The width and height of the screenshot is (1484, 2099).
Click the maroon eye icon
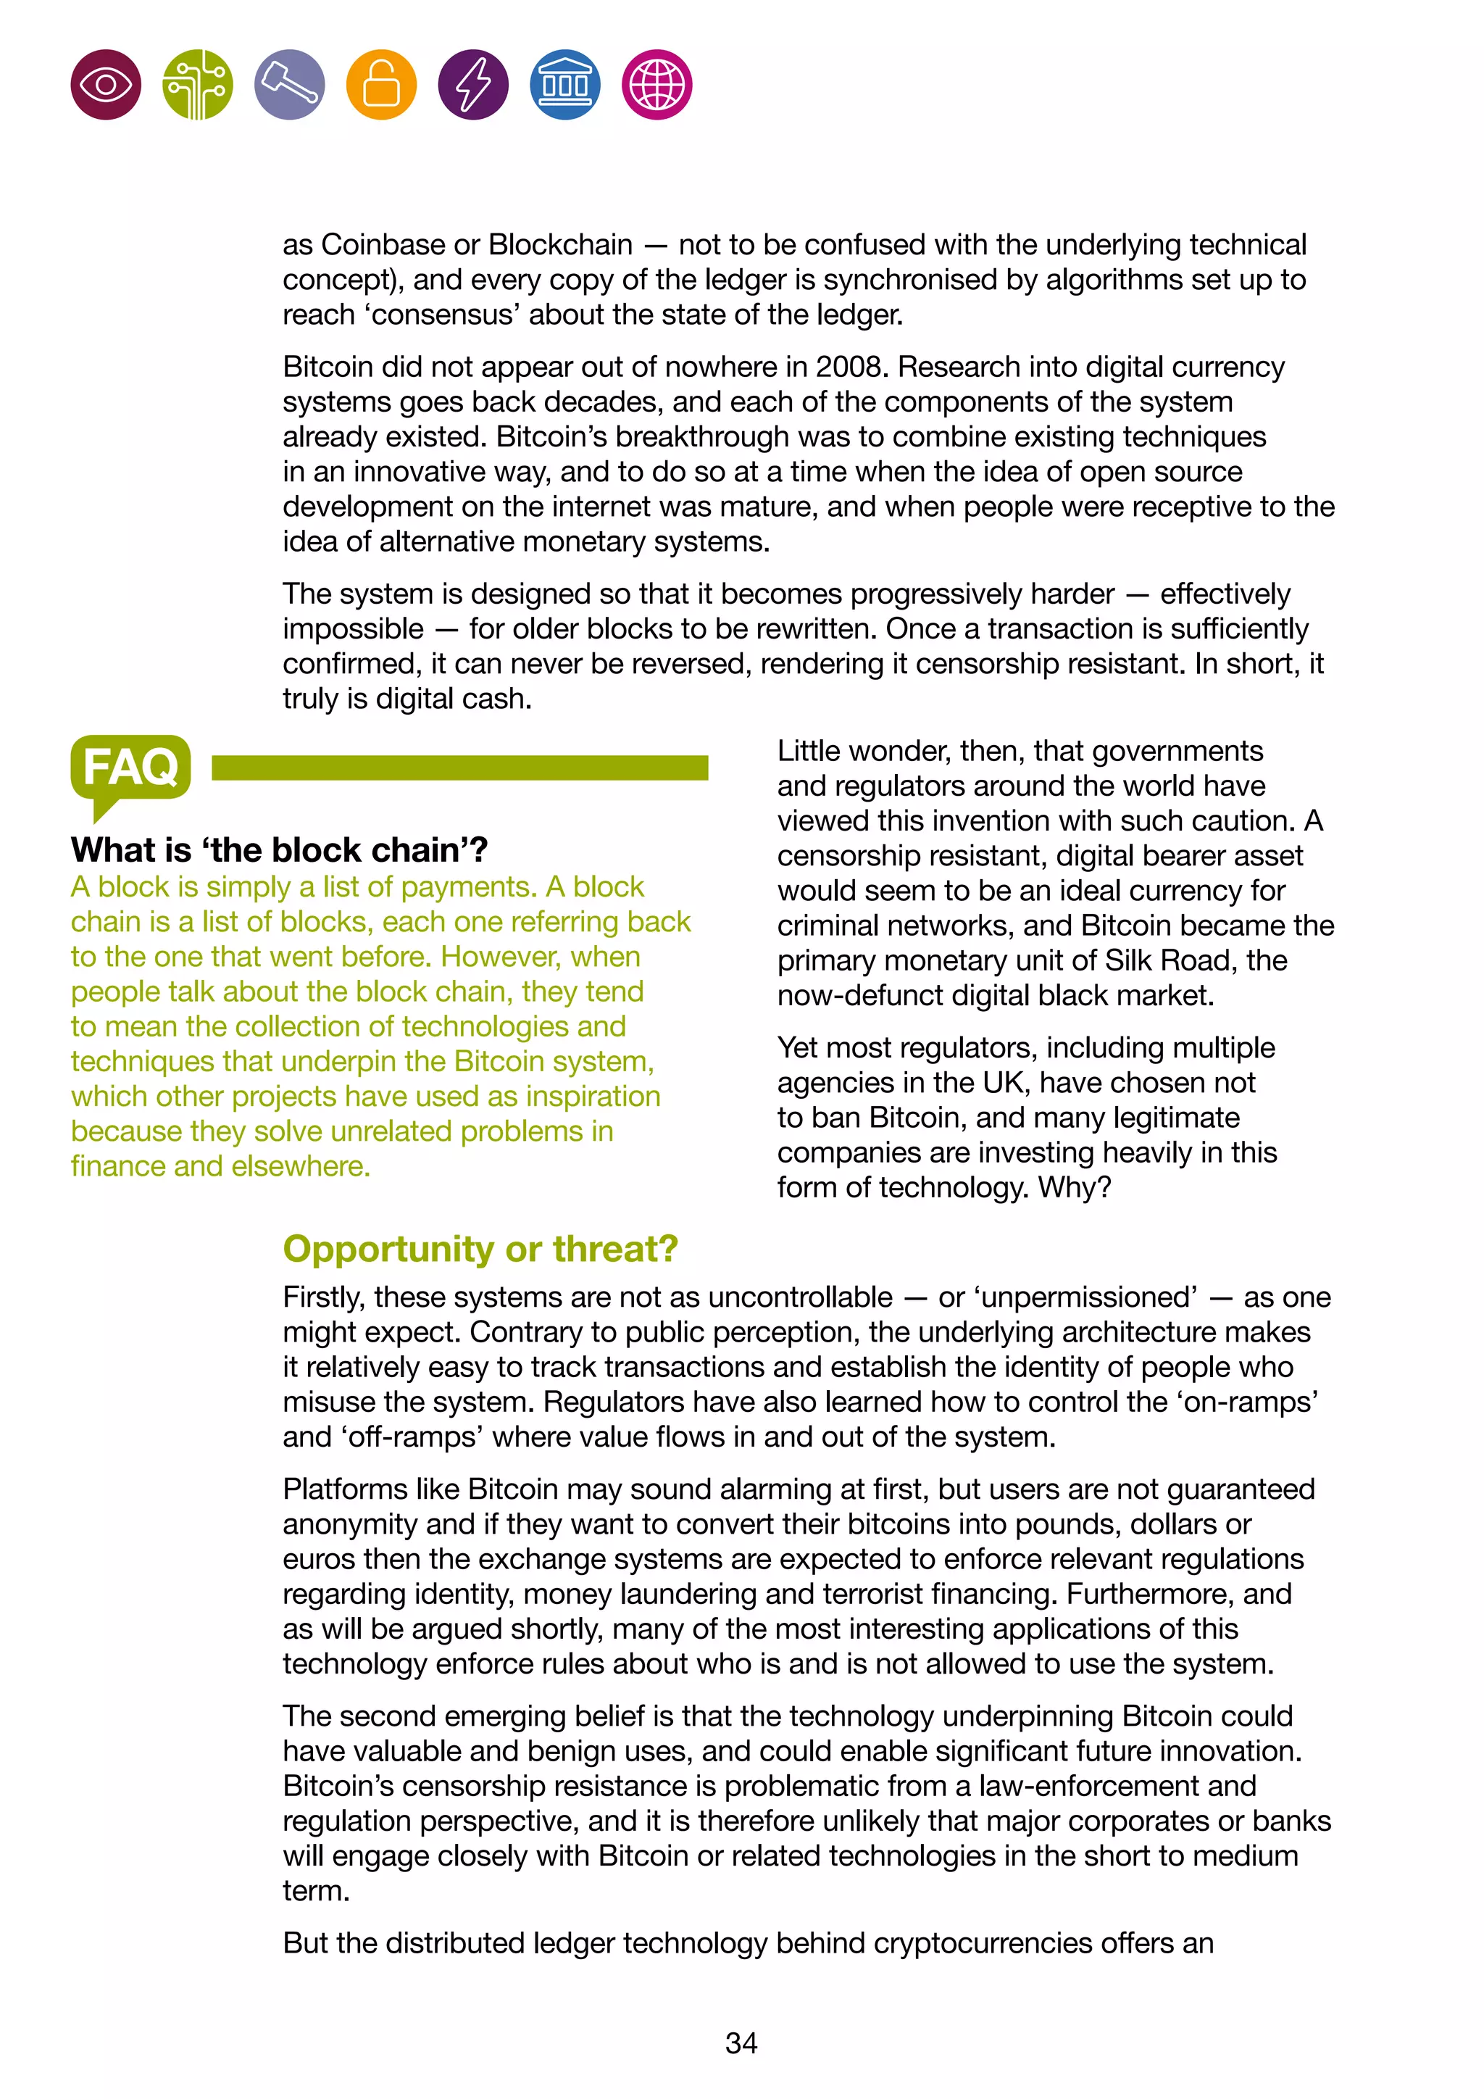point(106,85)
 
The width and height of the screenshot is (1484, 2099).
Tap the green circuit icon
point(197,85)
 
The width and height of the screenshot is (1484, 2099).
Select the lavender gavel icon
point(290,85)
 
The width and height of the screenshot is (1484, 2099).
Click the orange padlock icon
point(381,85)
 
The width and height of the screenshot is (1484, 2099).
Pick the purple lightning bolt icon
point(473,85)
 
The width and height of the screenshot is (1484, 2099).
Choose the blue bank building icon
point(564,85)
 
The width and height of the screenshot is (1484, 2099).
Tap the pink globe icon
point(657,85)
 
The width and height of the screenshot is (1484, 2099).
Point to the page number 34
point(741,2042)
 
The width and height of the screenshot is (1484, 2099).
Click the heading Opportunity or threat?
point(480,1249)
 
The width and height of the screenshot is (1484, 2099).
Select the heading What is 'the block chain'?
point(279,850)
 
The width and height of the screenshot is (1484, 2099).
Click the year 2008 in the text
point(851,367)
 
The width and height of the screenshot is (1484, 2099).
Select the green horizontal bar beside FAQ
point(459,768)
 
